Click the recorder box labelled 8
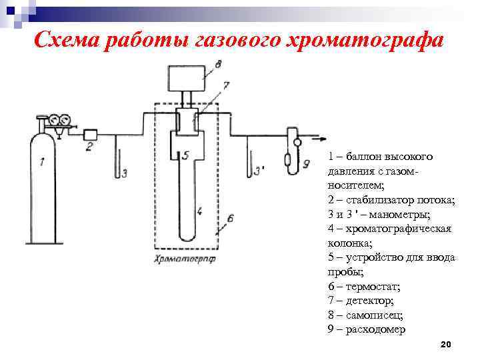coord(187,79)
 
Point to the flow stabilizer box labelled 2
coord(91,133)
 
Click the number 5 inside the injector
coord(185,155)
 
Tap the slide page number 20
coord(447,344)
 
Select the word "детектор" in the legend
coord(375,301)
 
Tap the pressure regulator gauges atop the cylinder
coord(59,121)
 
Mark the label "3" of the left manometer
coord(124,173)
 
